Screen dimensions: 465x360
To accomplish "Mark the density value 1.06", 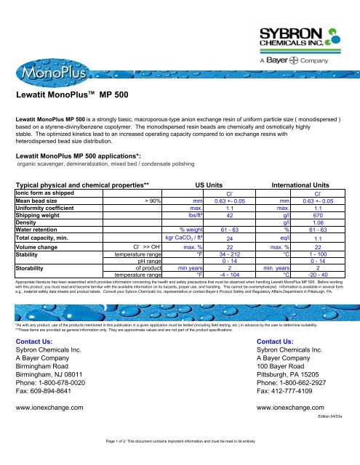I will point(317,222).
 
